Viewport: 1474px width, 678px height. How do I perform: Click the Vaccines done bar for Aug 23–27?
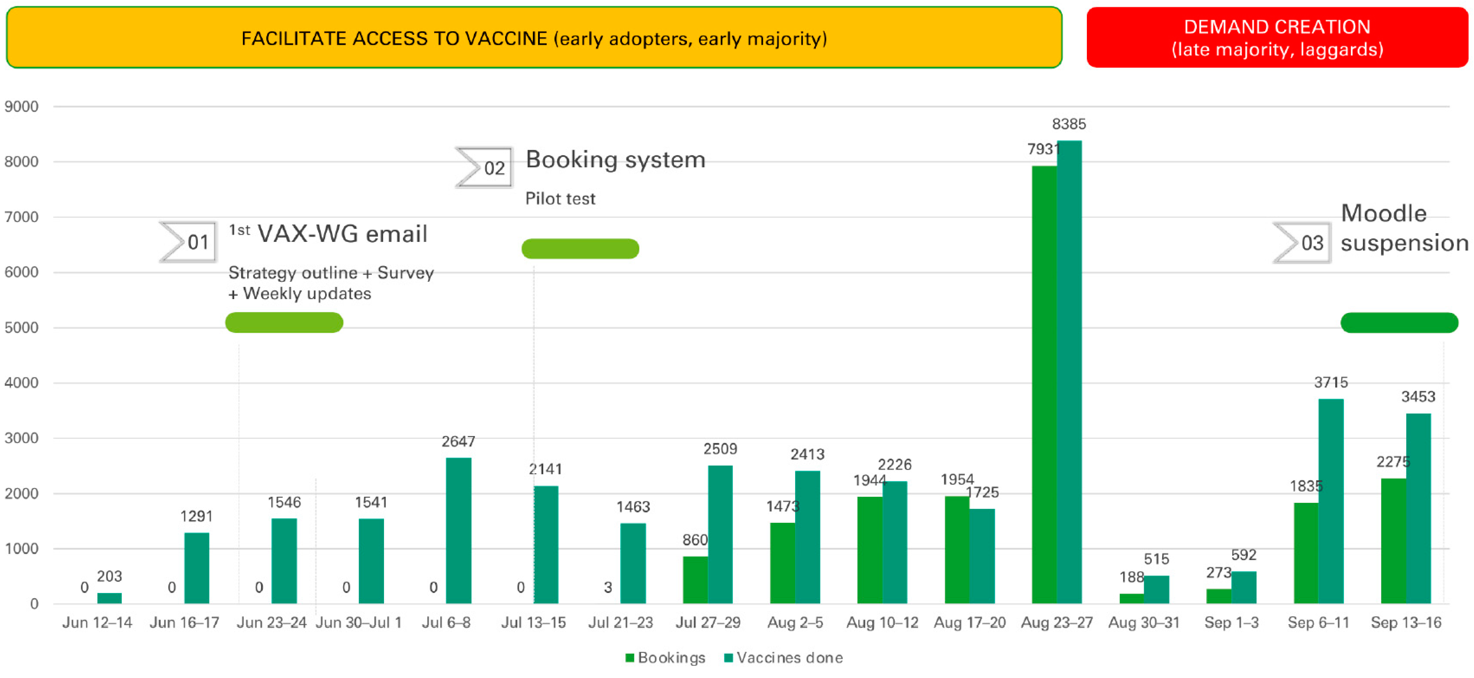coord(1069,372)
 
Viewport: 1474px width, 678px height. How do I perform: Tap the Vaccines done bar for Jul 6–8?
coord(458,531)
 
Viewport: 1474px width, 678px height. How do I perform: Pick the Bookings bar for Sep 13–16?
coord(1393,541)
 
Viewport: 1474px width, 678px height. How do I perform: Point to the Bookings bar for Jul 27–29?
coord(695,579)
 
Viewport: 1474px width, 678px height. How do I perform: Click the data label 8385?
coord(1069,124)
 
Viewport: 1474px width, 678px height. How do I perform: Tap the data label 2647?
coord(458,441)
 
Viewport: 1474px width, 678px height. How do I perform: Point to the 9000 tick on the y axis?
coord(22,107)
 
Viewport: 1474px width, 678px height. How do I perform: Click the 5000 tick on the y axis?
coord(22,328)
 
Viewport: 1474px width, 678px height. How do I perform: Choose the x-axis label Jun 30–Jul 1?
coord(359,622)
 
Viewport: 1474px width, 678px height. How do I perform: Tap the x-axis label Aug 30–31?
coord(1144,622)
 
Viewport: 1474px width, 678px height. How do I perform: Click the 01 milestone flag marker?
coord(189,242)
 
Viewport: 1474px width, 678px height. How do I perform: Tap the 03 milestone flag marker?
coord(1302,243)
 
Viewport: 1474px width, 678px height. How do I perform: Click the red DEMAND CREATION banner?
coord(1277,38)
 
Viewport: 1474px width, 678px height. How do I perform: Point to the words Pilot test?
coord(560,198)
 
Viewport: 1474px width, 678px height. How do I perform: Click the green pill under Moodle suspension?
coord(1399,323)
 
